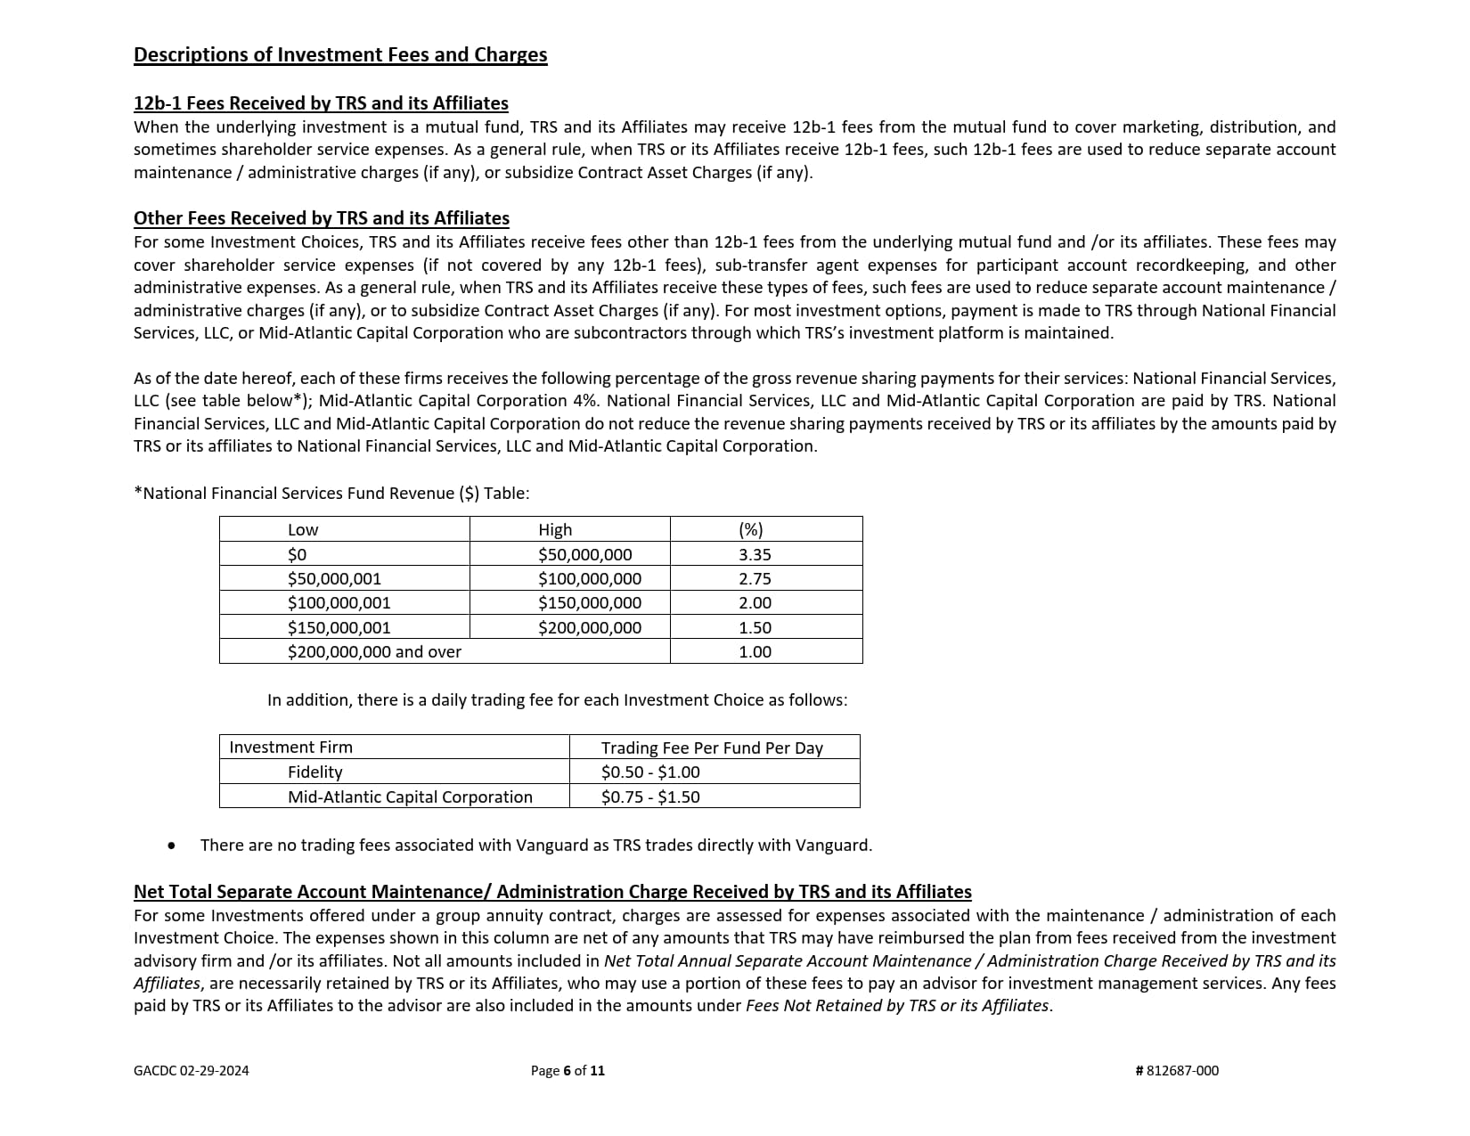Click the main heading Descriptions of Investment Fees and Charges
tap(340, 55)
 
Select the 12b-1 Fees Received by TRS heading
tap(321, 103)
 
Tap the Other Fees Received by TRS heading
tap(322, 218)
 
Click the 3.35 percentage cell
tap(755, 554)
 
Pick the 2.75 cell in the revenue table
tap(755, 578)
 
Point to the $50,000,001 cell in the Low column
tap(334, 578)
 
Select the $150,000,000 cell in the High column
tap(590, 603)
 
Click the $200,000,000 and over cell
tap(374, 651)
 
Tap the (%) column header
tap(751, 529)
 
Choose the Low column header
tap(303, 529)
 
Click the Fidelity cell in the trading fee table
tap(315, 772)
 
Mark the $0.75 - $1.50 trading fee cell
tap(650, 797)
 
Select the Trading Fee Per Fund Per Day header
tap(712, 748)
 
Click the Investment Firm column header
tap(290, 748)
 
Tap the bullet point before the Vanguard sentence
tap(172, 846)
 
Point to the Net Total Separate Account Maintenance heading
tap(552, 892)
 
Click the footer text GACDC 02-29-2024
tap(192, 1071)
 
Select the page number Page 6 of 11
tap(568, 1071)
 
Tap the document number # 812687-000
tap(1177, 1071)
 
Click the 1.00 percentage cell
tap(755, 651)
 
